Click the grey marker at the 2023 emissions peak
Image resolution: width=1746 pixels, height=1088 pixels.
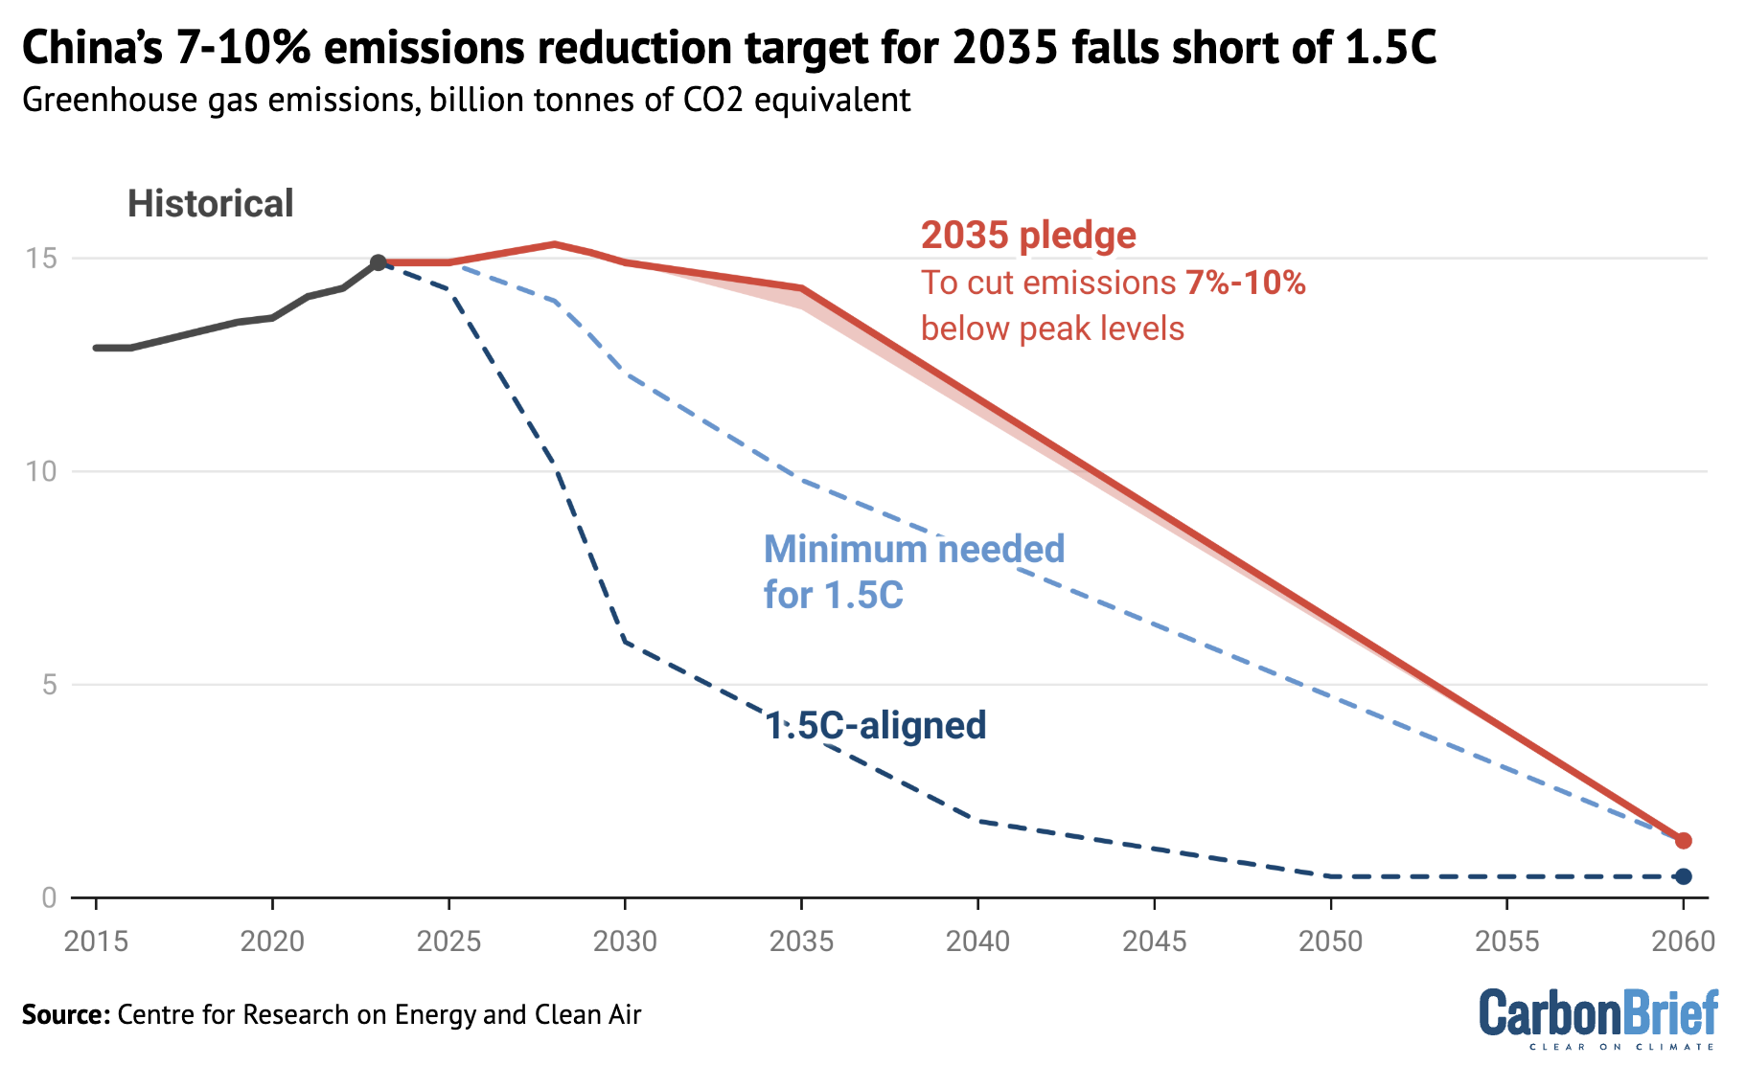[x=379, y=262]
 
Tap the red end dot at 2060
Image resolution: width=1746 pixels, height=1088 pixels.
[x=1684, y=841]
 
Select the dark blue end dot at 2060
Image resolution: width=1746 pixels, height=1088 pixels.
[x=1684, y=876]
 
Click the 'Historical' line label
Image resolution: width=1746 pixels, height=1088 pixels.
[x=210, y=204]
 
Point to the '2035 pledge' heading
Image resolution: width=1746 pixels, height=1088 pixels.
[x=1028, y=236]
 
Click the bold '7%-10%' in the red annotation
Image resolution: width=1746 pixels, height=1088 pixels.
[x=1245, y=283]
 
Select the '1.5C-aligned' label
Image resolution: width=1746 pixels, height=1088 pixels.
[x=875, y=726]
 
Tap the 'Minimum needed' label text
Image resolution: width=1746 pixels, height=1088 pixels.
[x=913, y=550]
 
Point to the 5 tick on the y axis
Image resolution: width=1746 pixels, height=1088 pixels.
[x=49, y=685]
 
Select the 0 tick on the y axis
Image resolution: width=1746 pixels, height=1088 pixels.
[x=49, y=898]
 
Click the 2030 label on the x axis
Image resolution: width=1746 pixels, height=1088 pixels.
[x=625, y=942]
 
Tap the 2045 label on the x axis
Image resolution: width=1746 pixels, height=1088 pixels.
[x=1154, y=942]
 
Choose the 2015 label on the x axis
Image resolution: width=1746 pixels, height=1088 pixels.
[x=96, y=942]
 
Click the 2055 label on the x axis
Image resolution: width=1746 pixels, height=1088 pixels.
[x=1506, y=942]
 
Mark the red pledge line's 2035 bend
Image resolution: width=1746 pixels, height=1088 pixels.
[x=801, y=288]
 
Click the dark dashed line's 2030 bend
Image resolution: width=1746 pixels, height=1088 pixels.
[x=625, y=642]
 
